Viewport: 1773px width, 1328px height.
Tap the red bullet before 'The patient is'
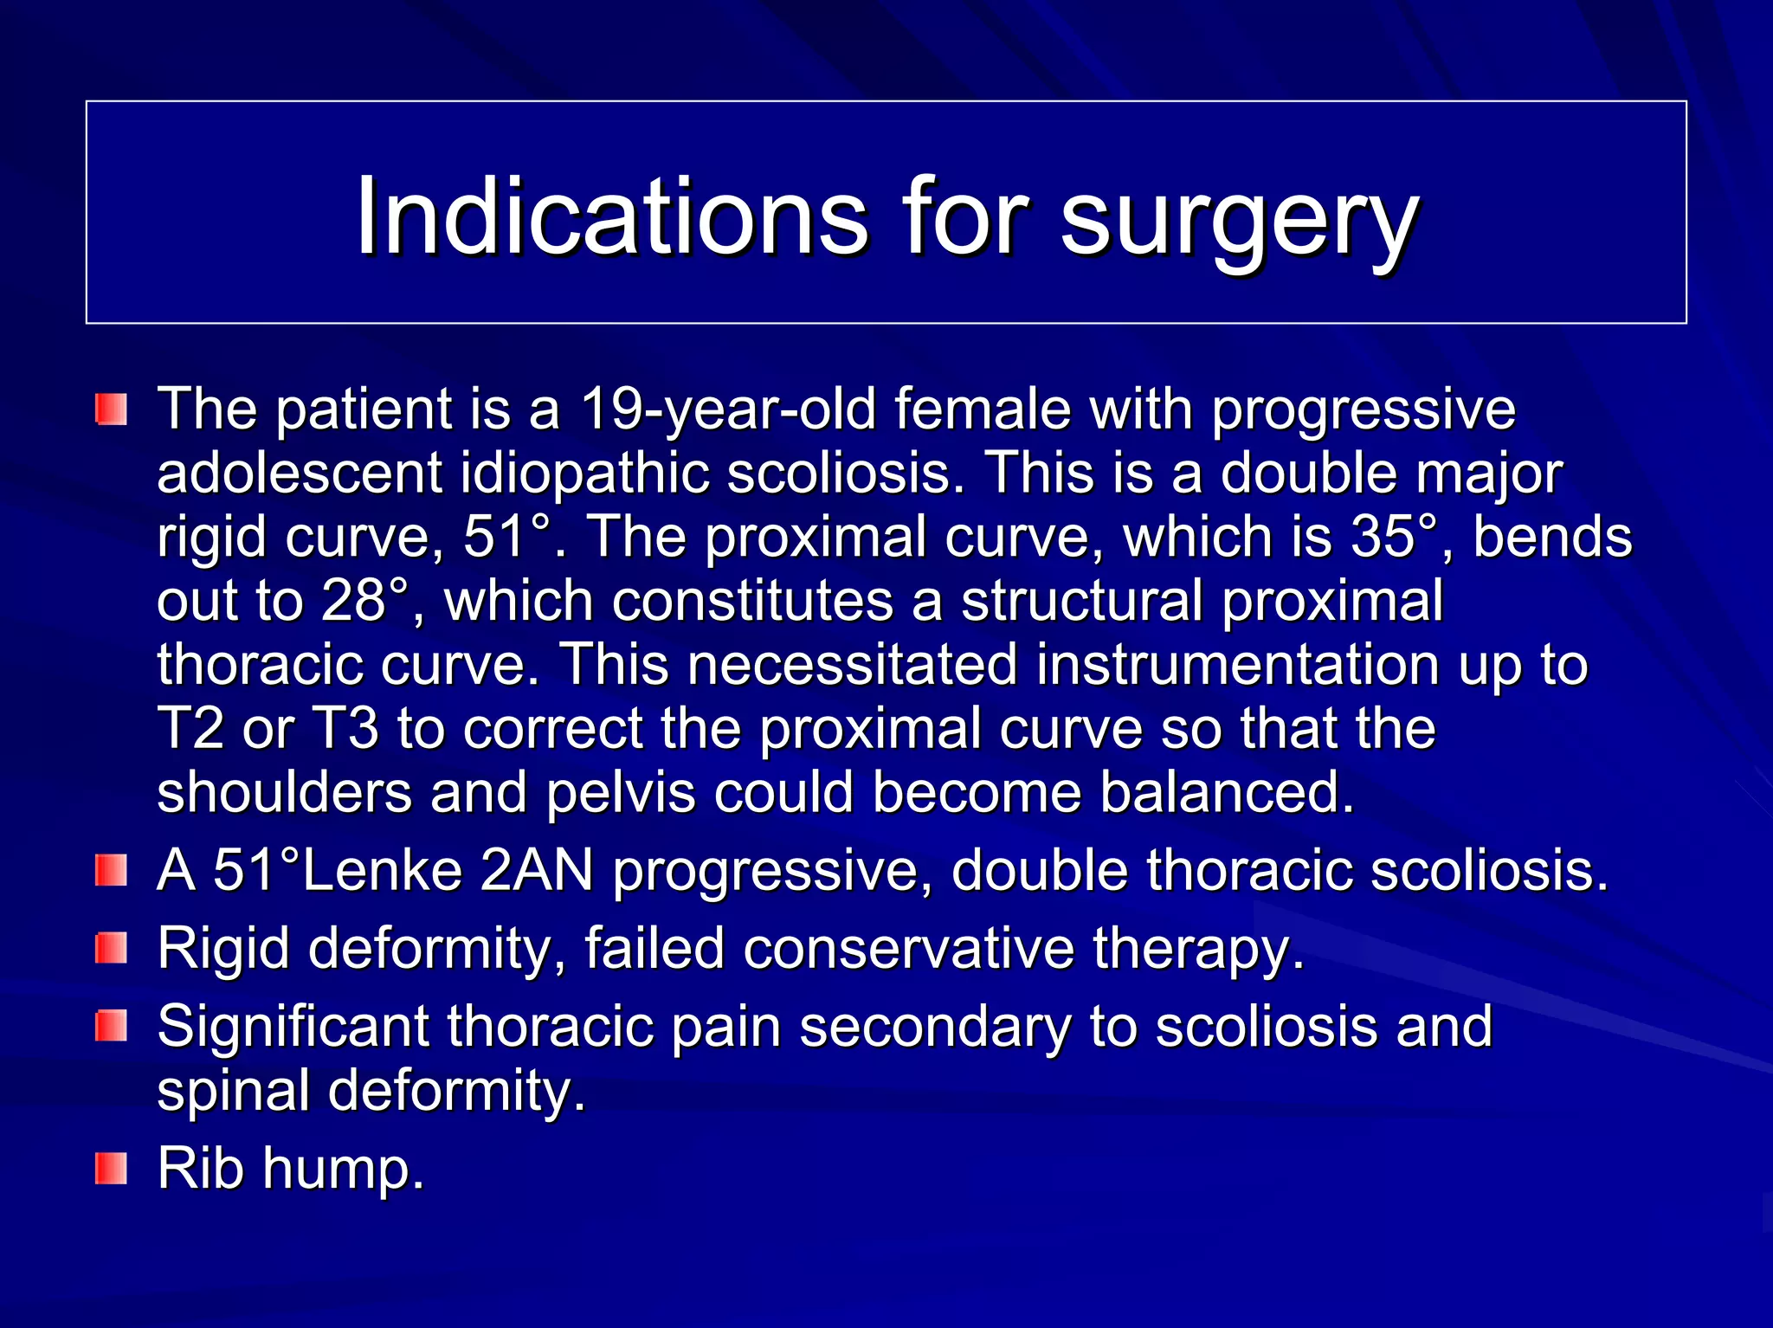click(112, 409)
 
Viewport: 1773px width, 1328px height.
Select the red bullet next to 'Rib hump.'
click(112, 1169)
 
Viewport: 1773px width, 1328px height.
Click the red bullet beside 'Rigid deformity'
click(112, 949)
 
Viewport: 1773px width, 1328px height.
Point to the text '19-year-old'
click(726, 409)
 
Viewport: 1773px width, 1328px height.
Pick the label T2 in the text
click(190, 728)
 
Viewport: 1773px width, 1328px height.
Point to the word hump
click(344, 1169)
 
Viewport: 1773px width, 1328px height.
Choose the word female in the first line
click(983, 409)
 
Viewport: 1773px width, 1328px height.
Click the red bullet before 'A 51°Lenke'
click(112, 871)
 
